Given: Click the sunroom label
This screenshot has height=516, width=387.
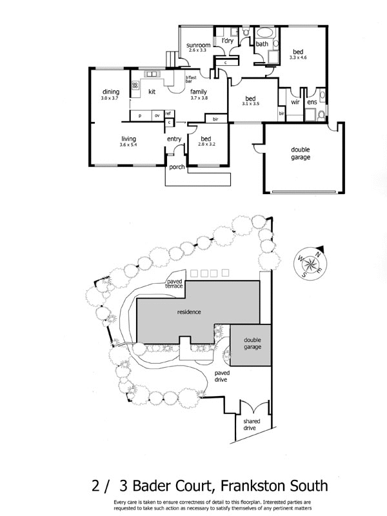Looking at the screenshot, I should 195,45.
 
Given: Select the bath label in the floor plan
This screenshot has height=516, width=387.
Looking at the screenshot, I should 262,45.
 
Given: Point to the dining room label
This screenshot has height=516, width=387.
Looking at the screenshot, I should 111,92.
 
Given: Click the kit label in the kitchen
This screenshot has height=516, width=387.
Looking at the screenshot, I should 152,92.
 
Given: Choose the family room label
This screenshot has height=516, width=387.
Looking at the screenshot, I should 198,92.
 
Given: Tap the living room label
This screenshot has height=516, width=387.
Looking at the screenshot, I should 130,139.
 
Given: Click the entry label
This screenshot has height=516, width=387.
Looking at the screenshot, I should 174,139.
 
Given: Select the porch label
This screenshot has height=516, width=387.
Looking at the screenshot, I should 177,167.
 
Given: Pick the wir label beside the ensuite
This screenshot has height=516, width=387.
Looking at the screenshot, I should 295,102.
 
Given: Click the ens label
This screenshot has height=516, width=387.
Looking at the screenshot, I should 312,102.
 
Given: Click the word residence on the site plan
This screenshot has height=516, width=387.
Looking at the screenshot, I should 190,312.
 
